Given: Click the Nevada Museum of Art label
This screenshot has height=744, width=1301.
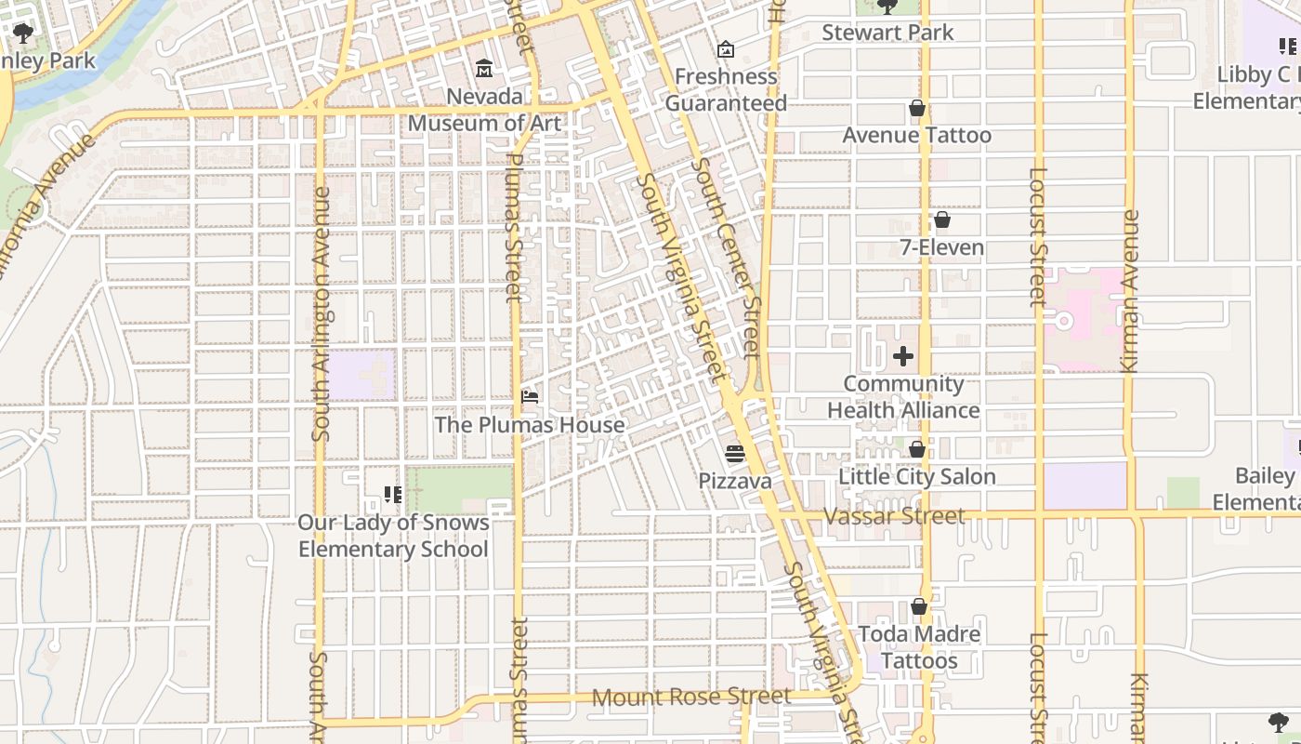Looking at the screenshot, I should [x=484, y=110].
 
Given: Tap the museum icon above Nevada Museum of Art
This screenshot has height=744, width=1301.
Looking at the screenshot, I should [x=484, y=69].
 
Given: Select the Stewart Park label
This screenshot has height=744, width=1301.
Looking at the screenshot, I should [x=887, y=33].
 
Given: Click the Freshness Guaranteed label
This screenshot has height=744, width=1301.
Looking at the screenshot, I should [x=726, y=89].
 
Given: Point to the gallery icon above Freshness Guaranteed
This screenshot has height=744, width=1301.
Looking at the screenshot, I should [x=726, y=48].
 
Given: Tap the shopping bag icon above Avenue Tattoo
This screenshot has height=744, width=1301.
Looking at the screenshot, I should [x=917, y=109].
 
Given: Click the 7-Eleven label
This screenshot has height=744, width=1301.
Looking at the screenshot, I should [x=941, y=247].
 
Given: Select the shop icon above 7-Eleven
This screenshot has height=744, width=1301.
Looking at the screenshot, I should [x=941, y=219].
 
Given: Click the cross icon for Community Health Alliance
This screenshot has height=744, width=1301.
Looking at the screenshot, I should [x=903, y=356].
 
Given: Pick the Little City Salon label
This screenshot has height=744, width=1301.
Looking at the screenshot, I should [x=917, y=476].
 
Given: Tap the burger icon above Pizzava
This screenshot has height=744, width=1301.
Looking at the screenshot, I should [x=735, y=454].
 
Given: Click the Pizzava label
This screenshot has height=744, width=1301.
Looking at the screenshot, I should [x=735, y=481].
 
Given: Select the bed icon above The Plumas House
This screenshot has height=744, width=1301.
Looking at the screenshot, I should [x=530, y=397].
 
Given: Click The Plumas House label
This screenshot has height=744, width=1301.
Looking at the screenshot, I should [x=530, y=425].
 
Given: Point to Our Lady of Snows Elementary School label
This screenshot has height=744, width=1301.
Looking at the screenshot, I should [x=393, y=536].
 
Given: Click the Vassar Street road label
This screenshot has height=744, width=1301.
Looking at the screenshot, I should [x=894, y=515].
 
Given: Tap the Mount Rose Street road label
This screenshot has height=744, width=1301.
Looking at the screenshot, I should [x=691, y=697].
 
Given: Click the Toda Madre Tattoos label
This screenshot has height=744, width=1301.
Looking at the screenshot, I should [x=919, y=647].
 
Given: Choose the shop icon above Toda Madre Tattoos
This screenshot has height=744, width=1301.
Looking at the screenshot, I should [x=919, y=606].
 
